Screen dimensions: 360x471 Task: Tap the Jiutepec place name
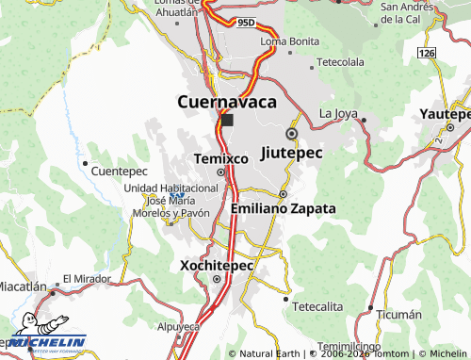pos(291,153)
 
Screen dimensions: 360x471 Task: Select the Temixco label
pos(220,158)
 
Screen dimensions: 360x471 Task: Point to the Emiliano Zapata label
pos(283,208)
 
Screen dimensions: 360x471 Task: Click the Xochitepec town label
pos(217,266)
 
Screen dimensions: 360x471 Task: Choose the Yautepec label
pos(445,113)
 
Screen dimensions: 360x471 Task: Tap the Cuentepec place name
pos(121,172)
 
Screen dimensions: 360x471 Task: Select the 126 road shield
pos(429,54)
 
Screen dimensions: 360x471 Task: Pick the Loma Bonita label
pos(290,41)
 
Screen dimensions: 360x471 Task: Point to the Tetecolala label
pos(340,62)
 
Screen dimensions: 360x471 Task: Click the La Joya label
pos(339,114)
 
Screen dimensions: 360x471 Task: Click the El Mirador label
pos(88,279)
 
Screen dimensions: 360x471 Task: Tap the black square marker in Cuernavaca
pos(227,121)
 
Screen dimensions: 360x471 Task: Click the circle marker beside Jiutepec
pos(292,134)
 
